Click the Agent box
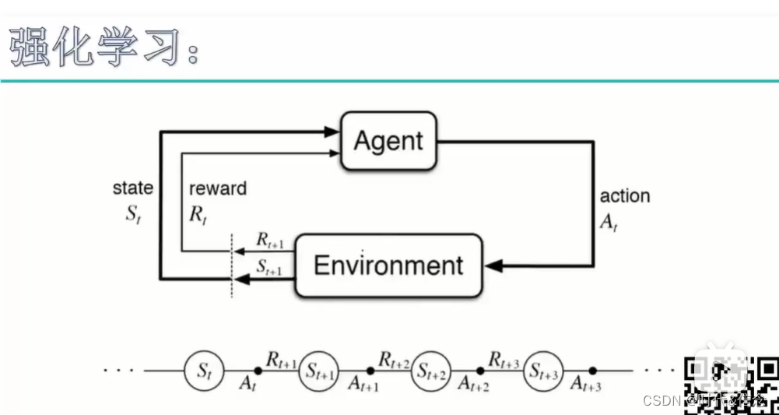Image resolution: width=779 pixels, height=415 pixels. click(x=388, y=141)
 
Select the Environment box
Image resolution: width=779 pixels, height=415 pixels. click(x=388, y=266)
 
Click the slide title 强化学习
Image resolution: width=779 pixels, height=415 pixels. click(x=101, y=49)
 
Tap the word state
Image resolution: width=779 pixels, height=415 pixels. click(x=133, y=188)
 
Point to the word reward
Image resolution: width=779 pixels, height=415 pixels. click(x=218, y=188)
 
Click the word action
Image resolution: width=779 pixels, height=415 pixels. click(x=625, y=196)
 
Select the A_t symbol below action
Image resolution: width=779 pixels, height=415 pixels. click(x=608, y=221)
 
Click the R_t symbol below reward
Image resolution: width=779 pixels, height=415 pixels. click(x=198, y=214)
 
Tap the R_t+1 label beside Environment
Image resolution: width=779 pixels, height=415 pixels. click(x=270, y=243)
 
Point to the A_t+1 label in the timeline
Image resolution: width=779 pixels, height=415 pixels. click(x=363, y=384)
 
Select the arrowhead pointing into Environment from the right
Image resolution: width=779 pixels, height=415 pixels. click(x=492, y=266)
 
